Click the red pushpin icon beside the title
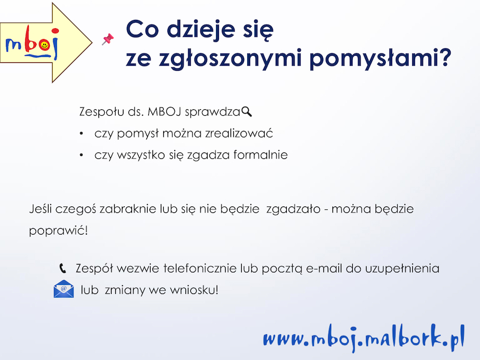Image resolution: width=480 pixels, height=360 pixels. tap(108, 39)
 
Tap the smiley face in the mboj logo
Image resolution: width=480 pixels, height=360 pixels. tap(44, 46)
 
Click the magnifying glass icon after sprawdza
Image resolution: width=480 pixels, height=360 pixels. tap(247, 112)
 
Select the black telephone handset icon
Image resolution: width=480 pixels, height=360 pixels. tap(62, 268)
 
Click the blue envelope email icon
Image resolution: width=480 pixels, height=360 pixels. tap(64, 289)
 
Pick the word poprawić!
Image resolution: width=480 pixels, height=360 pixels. tap(58, 231)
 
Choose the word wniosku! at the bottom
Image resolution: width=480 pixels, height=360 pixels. tap(194, 290)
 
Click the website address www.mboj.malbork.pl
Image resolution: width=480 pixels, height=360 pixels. tap(364, 338)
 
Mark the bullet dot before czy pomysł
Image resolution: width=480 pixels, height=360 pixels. tap(82, 134)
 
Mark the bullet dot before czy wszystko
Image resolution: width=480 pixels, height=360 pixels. tap(82, 155)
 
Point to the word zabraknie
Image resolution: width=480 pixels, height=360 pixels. tap(128, 209)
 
